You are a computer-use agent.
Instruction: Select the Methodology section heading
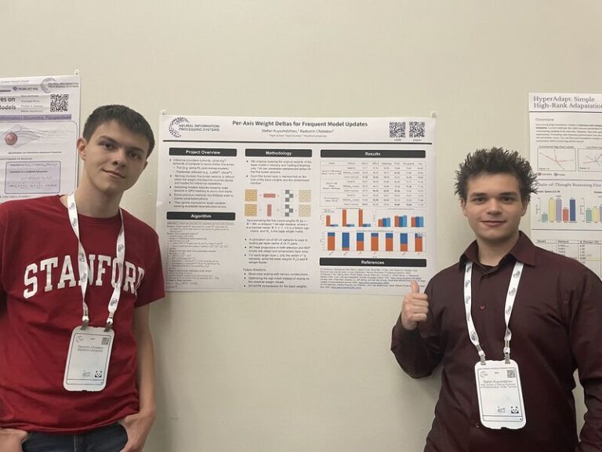(278, 153)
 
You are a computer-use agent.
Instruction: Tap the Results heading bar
(372, 154)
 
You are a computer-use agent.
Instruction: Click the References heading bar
(372, 262)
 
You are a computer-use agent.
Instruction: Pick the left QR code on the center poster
(397, 129)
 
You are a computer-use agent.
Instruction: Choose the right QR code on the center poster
(416, 129)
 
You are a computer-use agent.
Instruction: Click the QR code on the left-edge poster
(59, 102)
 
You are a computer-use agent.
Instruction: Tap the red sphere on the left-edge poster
(11, 139)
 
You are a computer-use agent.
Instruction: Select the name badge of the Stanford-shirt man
(88, 357)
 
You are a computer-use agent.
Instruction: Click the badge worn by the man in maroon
(499, 392)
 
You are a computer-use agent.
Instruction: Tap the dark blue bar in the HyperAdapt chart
(572, 210)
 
